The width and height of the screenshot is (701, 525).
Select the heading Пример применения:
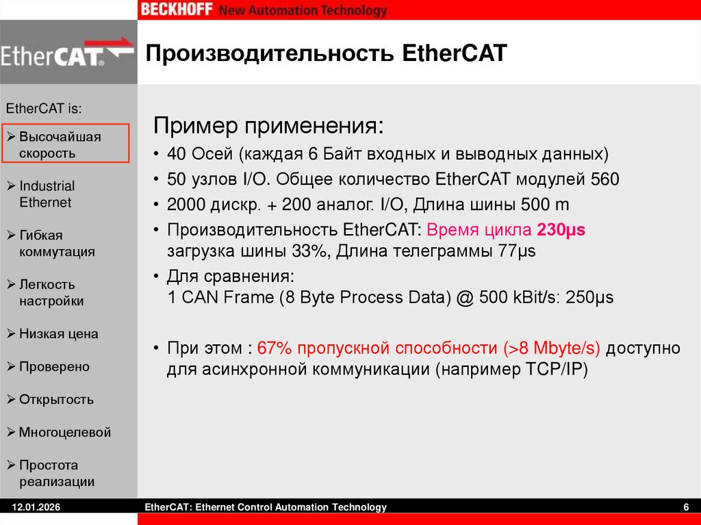268,127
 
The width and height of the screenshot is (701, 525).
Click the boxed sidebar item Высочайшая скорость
65,144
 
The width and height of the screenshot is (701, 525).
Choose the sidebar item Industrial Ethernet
47,194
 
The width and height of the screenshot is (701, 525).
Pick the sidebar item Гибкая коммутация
56,243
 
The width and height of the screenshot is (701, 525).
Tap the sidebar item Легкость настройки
51,292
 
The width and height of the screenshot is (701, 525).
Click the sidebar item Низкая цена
58,334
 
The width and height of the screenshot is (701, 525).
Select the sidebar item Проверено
54,367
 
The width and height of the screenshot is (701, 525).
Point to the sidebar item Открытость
56,400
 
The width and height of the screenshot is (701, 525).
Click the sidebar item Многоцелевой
64,433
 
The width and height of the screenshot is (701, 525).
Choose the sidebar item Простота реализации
56,473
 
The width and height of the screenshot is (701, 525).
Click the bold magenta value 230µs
561,230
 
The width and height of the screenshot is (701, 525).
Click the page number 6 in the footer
685,507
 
